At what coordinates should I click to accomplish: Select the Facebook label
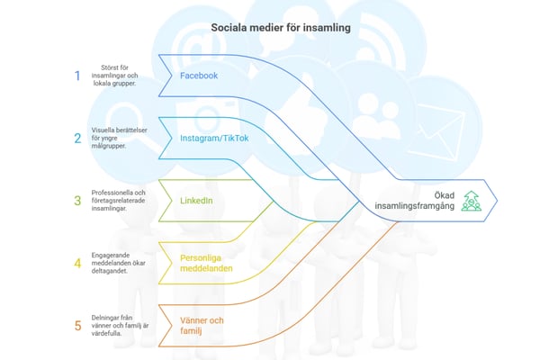(199, 76)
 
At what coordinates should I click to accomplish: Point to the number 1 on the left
(77, 76)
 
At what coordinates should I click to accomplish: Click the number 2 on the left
(77, 138)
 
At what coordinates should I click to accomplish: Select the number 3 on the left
(77, 200)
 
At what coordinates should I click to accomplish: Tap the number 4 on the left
(77, 263)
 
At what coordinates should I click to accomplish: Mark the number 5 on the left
(77, 325)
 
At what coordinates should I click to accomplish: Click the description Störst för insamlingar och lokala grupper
(119, 76)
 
